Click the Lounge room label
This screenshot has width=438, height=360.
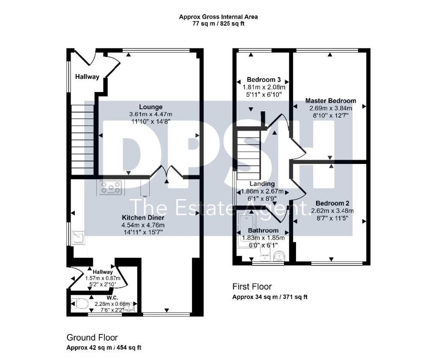(x=151, y=107)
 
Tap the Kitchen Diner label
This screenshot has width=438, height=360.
(x=143, y=217)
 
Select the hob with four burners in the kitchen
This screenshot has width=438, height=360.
(x=110, y=187)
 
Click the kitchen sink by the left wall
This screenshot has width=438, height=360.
(x=78, y=236)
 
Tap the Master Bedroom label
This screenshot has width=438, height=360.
(x=330, y=101)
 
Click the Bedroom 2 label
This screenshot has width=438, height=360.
(x=330, y=203)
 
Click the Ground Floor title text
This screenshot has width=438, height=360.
(x=92, y=337)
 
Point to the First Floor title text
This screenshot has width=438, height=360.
(x=252, y=286)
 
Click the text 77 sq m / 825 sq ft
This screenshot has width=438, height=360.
(x=218, y=24)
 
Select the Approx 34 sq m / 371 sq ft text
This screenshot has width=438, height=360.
(x=269, y=297)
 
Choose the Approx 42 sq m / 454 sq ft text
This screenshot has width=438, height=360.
(x=104, y=348)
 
